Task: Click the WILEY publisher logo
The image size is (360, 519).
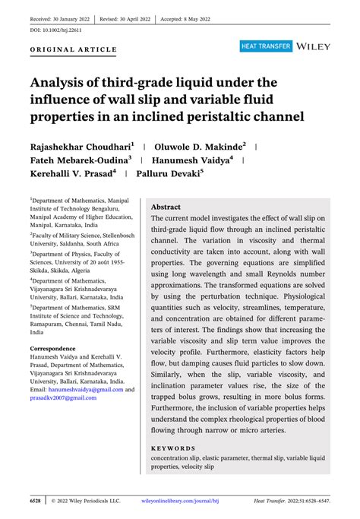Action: (313, 47)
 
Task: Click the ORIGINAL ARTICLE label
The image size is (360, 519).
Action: (74, 49)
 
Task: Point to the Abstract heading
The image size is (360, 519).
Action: (166, 207)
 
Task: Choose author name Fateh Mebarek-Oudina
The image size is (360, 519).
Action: (81, 160)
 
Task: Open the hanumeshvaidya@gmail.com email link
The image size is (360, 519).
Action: (80, 390)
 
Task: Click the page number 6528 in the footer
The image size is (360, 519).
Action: (35, 502)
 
